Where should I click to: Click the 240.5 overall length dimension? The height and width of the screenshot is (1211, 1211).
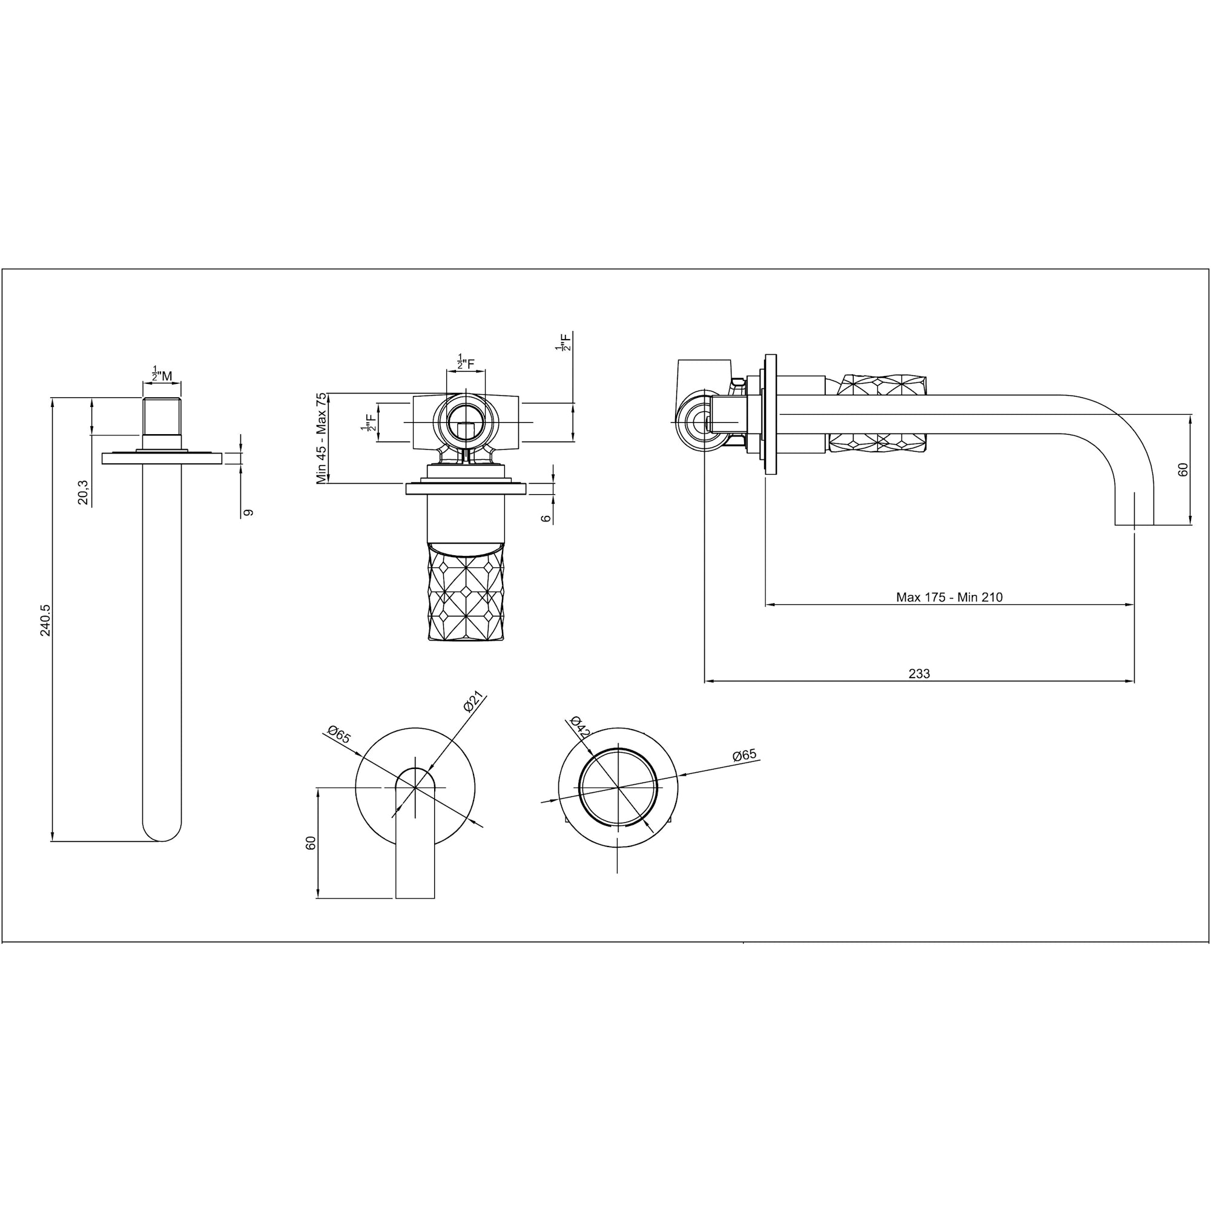pyautogui.click(x=45, y=621)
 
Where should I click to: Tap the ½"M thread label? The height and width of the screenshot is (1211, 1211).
pyautogui.click(x=162, y=374)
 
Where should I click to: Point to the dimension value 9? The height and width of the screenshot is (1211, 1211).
pyautogui.click(x=248, y=513)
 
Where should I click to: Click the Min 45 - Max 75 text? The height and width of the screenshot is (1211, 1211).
pyautogui.click(x=322, y=438)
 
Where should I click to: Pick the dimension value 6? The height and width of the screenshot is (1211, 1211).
pyautogui.click(x=546, y=518)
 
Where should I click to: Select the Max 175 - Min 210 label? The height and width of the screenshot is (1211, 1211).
pyautogui.click(x=949, y=598)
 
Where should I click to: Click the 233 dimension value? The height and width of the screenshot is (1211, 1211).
pyautogui.click(x=920, y=674)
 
